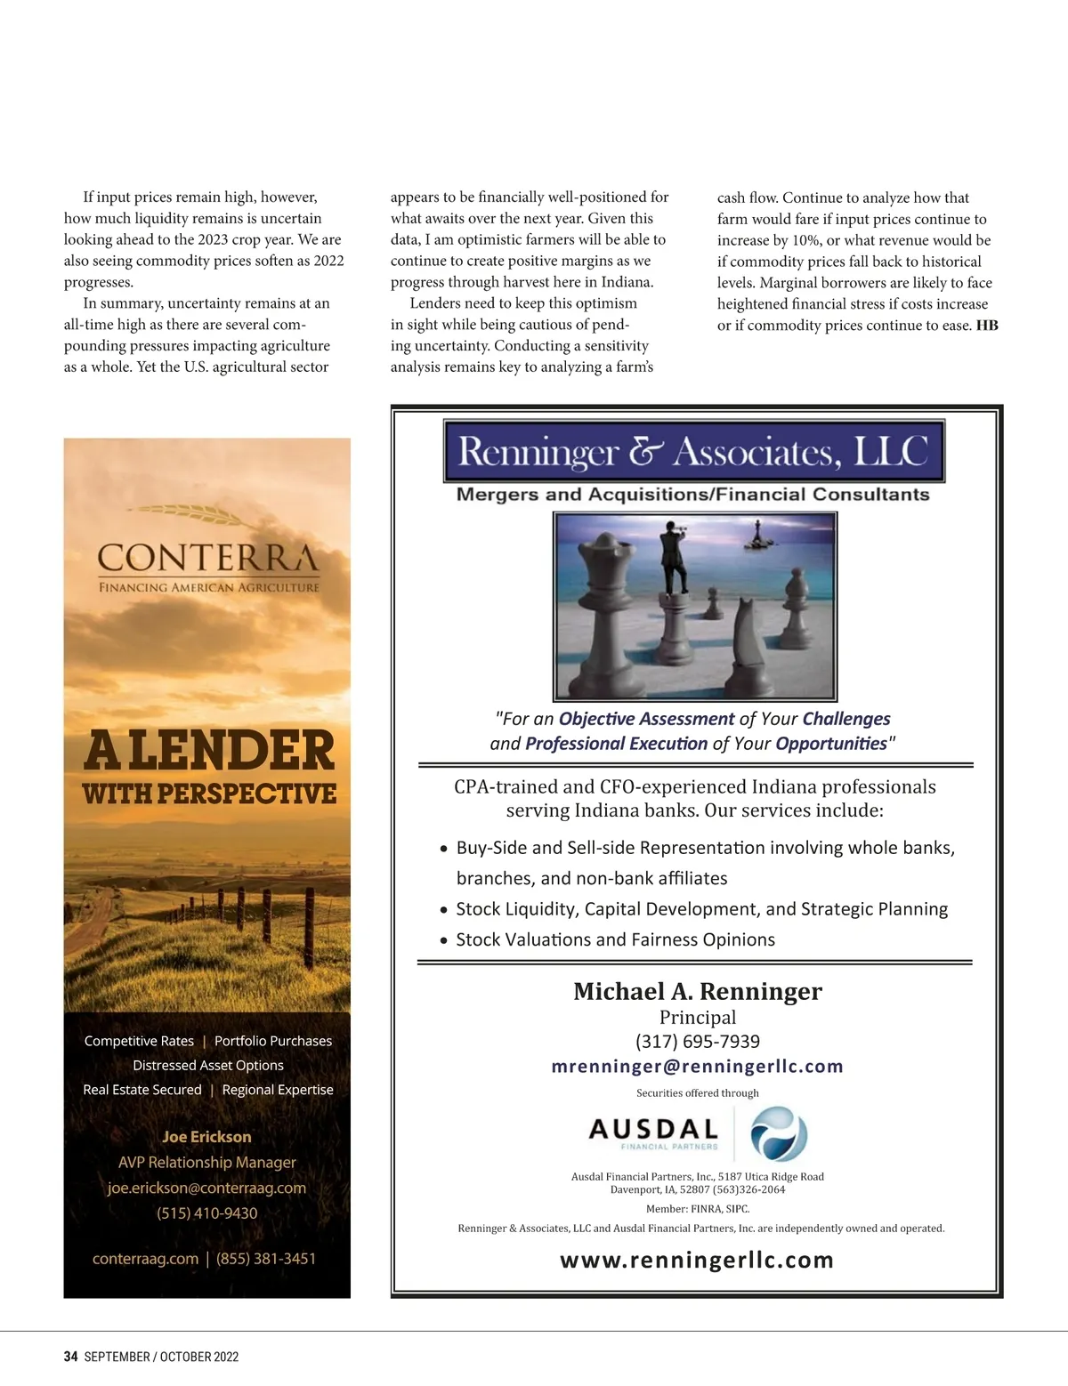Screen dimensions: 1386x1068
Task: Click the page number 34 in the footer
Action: pyautogui.click(x=70, y=1357)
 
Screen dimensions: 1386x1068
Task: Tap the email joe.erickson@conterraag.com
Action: pyautogui.click(x=206, y=1188)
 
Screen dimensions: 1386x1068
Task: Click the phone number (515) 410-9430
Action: pyautogui.click(x=207, y=1213)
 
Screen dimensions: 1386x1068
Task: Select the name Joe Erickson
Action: pyautogui.click(x=206, y=1136)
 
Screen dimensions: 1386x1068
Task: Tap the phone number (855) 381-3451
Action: pyautogui.click(x=266, y=1258)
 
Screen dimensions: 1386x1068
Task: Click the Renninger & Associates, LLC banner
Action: pyautogui.click(x=693, y=452)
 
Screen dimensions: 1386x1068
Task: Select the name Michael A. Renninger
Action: pyautogui.click(x=697, y=991)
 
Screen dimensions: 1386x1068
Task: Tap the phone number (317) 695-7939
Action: pyautogui.click(x=697, y=1041)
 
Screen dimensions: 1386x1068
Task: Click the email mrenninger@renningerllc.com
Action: pyautogui.click(x=697, y=1066)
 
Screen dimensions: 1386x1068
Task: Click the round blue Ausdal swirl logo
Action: pyautogui.click(x=779, y=1133)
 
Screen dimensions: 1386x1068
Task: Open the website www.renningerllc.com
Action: pyautogui.click(x=697, y=1260)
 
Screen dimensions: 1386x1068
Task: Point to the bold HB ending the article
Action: pyautogui.click(x=987, y=326)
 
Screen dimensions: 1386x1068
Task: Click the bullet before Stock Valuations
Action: pyautogui.click(x=444, y=940)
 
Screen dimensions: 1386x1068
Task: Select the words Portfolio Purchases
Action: pyautogui.click(x=273, y=1041)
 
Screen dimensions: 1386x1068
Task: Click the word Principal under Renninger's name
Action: pyautogui.click(x=697, y=1017)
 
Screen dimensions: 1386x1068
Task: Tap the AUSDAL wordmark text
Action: pyautogui.click(x=653, y=1129)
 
